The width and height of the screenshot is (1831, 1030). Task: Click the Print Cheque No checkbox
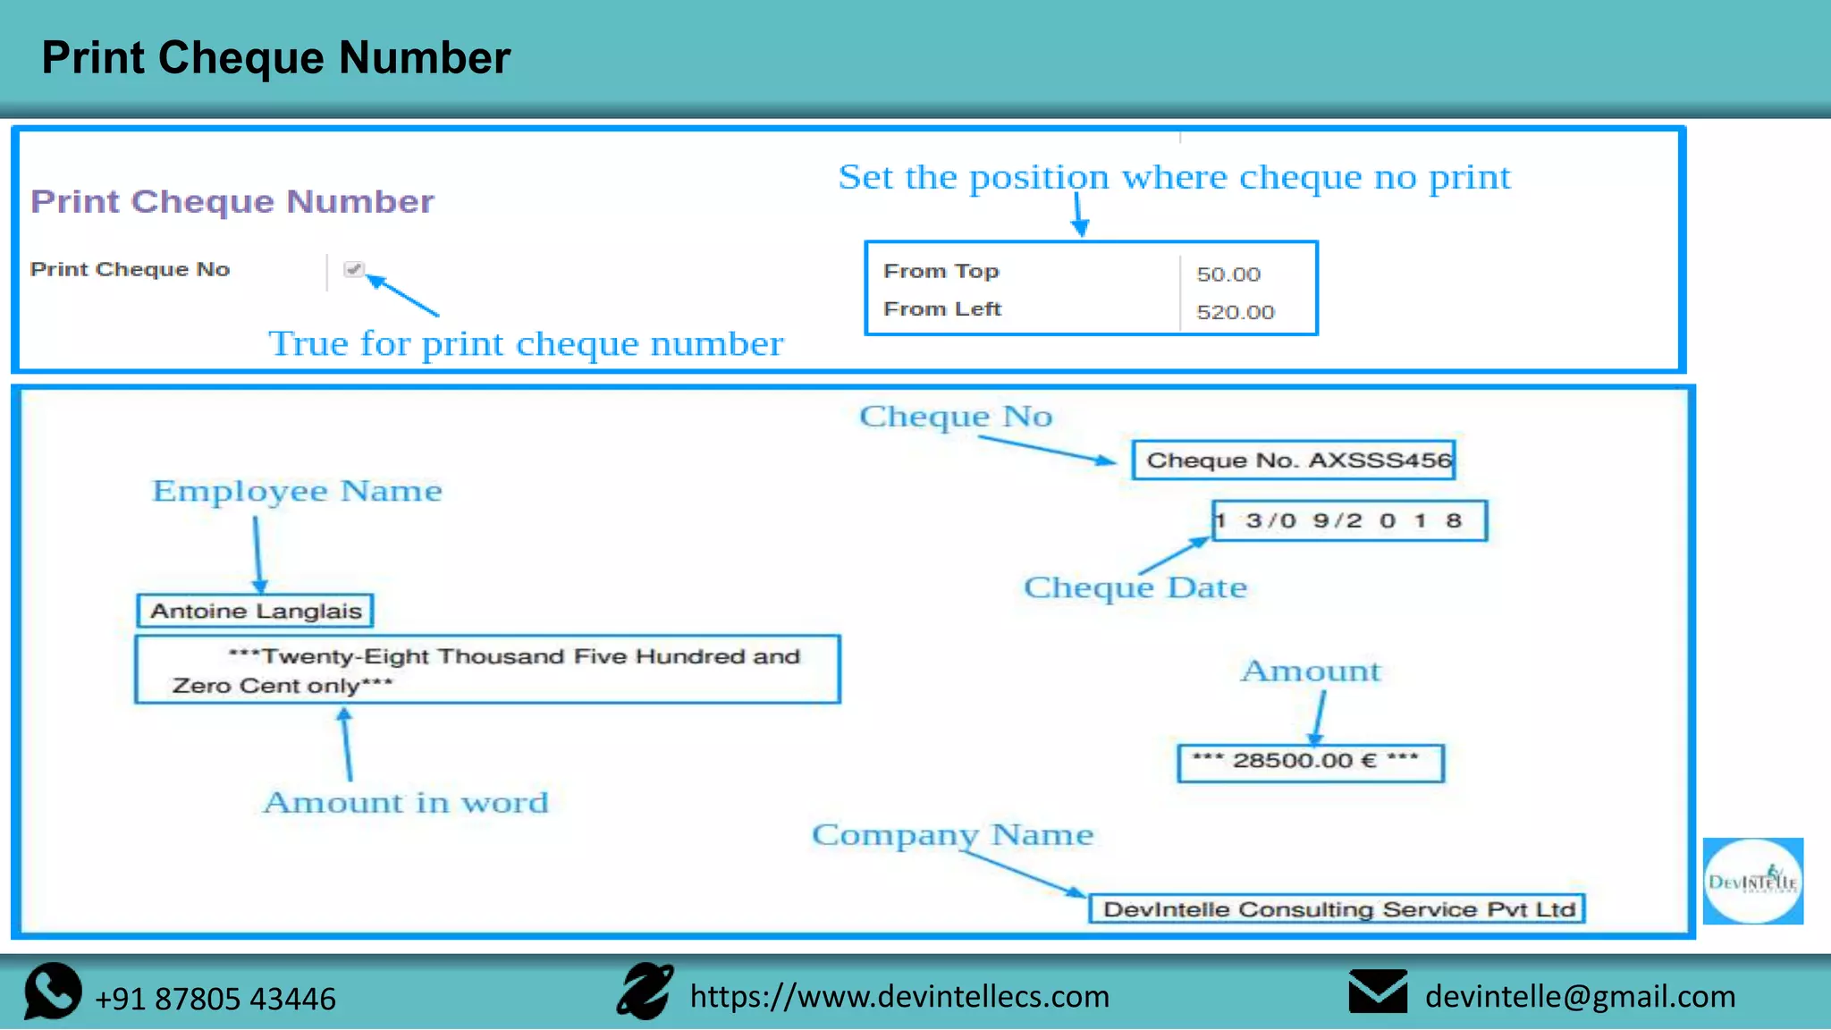coord(354,269)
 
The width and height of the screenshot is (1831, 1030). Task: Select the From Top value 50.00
coord(1228,274)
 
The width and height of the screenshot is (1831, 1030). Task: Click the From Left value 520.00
coord(1236,312)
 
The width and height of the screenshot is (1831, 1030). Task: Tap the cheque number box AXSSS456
coord(1294,460)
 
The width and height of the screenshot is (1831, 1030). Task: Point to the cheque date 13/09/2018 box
coord(1349,521)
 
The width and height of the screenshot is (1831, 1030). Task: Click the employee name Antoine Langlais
coord(256,611)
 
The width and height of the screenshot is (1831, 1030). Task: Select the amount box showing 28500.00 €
coord(1310,762)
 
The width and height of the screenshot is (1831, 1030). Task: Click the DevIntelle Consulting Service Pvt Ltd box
coord(1337,909)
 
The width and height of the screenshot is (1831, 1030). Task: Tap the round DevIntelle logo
coord(1752,882)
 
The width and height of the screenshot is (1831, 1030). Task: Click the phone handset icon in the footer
coord(52,992)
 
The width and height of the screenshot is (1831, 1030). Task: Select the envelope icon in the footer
coord(1378,992)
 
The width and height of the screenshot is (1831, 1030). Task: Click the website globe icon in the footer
coord(645,992)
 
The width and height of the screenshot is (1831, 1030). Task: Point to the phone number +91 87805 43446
coord(215,999)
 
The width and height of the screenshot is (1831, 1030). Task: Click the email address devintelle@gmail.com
coord(1580,996)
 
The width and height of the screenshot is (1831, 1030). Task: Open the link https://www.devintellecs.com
coord(899,996)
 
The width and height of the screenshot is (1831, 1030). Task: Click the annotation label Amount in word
coord(406,802)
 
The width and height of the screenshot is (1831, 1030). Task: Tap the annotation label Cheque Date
coord(1135,587)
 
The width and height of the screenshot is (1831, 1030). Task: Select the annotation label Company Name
coord(952,834)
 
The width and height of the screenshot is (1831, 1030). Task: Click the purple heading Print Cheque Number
coord(232,201)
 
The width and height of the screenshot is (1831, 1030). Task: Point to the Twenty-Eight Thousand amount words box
coord(487,670)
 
